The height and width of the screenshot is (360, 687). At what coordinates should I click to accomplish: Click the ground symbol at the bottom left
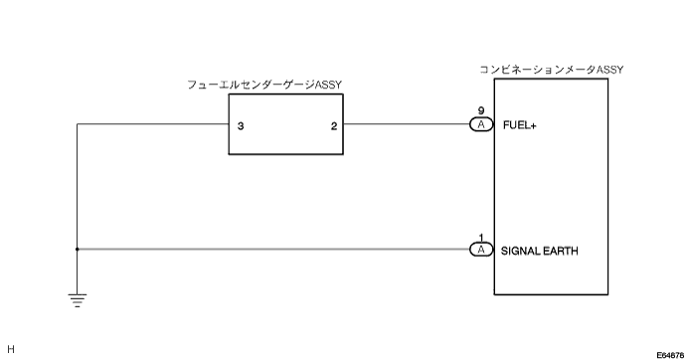[78, 300]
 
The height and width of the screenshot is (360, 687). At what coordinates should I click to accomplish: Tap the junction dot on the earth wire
[78, 249]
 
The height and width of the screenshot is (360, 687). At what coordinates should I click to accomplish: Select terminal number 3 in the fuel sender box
[241, 126]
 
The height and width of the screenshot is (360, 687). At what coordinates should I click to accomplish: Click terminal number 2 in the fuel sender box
[334, 126]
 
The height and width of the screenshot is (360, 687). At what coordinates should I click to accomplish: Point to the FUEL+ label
[520, 125]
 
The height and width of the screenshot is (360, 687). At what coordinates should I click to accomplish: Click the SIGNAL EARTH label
[539, 251]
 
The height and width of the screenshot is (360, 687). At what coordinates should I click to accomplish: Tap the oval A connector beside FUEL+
[481, 125]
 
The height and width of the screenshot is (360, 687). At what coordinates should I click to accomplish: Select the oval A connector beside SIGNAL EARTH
[481, 250]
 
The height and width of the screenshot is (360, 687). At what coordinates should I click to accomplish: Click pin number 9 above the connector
[481, 111]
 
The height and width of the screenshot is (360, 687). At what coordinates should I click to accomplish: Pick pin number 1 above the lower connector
[481, 238]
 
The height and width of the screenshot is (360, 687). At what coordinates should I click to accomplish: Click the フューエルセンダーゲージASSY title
[264, 85]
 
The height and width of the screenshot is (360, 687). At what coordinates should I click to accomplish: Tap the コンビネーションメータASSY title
[551, 70]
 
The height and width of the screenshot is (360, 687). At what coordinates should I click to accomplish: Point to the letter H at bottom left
[11, 349]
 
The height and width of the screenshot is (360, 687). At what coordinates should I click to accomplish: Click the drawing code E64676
[671, 355]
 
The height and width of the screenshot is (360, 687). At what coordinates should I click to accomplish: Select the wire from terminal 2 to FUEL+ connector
[407, 124]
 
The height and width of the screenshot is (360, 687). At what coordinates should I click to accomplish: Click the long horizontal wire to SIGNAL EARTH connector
[273, 249]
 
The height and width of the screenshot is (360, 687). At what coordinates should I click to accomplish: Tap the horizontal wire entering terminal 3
[153, 124]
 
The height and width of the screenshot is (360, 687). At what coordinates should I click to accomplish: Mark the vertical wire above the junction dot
[78, 186]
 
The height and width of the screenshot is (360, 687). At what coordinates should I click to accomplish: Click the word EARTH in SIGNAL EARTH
[561, 251]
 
